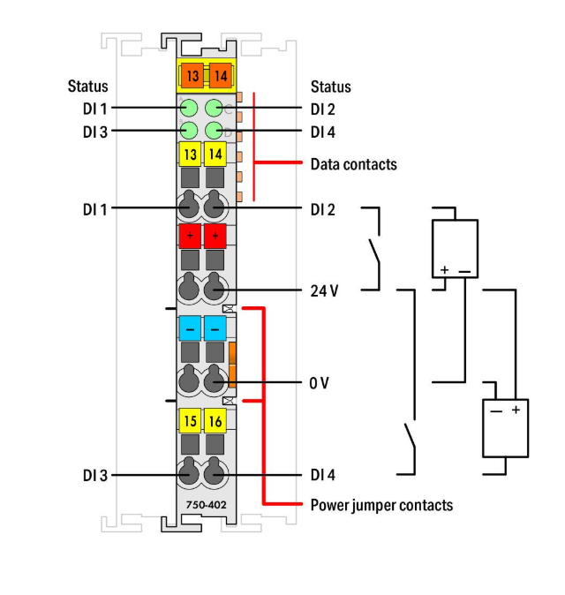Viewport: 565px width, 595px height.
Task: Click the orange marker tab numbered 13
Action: [x=192, y=76]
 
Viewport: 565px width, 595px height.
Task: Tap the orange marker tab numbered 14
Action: [x=221, y=76]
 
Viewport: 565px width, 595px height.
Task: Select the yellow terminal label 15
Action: [x=190, y=420]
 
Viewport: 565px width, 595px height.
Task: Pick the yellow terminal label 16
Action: [x=215, y=420]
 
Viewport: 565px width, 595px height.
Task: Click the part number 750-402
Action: [x=206, y=505]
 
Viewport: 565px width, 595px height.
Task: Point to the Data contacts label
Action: [x=354, y=164]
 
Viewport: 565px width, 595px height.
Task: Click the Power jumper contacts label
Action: [x=381, y=505]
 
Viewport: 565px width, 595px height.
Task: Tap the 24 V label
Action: [x=324, y=291]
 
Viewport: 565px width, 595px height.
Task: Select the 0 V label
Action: [x=319, y=383]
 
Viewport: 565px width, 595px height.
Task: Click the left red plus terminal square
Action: [x=190, y=236]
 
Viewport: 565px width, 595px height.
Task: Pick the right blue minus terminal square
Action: [x=215, y=328]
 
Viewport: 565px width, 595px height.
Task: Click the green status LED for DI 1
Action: [x=189, y=109]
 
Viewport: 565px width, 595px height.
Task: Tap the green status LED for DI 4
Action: [x=214, y=131]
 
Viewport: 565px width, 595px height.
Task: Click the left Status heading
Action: [x=87, y=87]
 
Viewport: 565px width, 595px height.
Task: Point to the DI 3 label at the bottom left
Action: [x=95, y=476]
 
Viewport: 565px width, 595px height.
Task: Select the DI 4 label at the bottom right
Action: [x=323, y=475]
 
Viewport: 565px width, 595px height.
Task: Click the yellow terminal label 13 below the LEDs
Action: [x=190, y=154]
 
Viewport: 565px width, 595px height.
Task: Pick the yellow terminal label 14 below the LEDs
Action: [x=215, y=154]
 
